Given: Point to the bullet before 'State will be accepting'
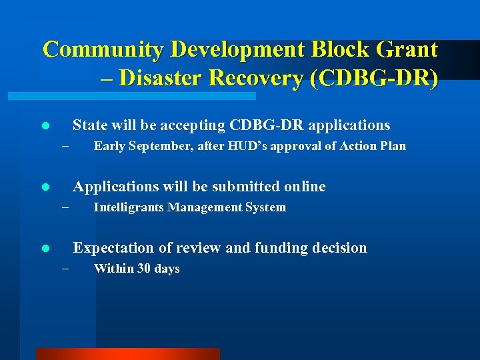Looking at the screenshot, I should (45, 125).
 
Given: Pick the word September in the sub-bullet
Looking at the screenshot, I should (162, 147).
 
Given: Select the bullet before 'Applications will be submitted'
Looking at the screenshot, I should (45, 187).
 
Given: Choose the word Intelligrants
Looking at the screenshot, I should (129, 208).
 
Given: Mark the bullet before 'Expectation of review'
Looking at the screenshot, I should (45, 249).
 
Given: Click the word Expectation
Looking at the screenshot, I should (114, 248).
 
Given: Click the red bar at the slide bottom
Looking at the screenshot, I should (127, 354).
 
